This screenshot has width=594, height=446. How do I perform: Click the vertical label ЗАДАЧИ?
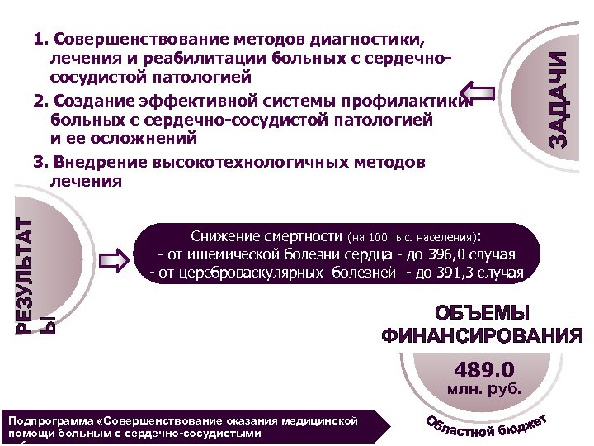[x=560, y=99]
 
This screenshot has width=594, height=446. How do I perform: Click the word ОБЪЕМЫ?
[x=482, y=315]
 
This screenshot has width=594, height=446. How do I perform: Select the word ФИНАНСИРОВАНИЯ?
[x=482, y=336]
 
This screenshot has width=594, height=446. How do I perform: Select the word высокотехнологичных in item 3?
[x=254, y=163]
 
